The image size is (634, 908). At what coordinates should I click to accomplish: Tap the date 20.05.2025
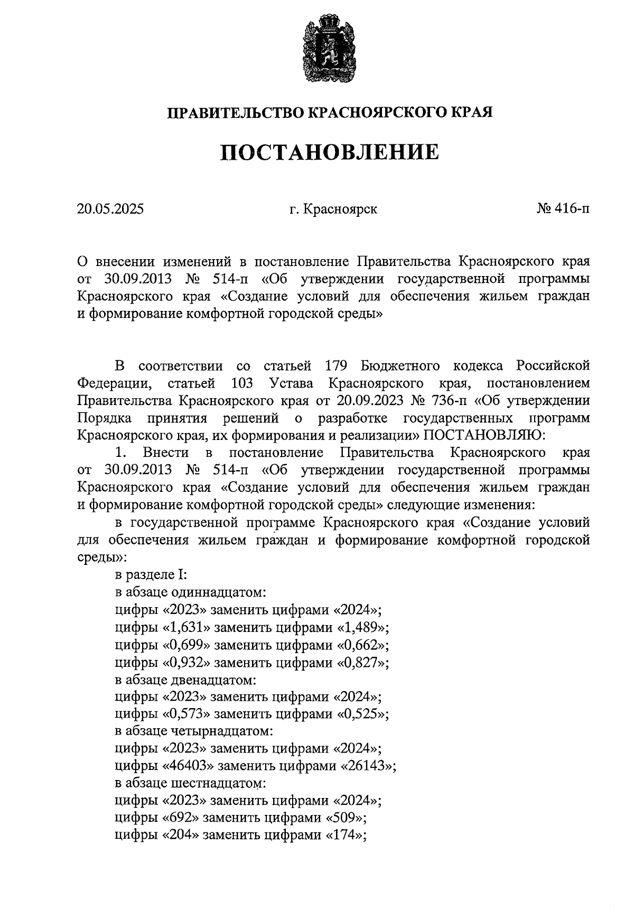[x=110, y=209]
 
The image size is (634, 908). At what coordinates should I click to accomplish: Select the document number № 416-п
[x=563, y=209]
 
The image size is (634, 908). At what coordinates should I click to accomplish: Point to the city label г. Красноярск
[x=333, y=209]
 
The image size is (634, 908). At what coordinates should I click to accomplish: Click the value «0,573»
[x=185, y=714]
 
